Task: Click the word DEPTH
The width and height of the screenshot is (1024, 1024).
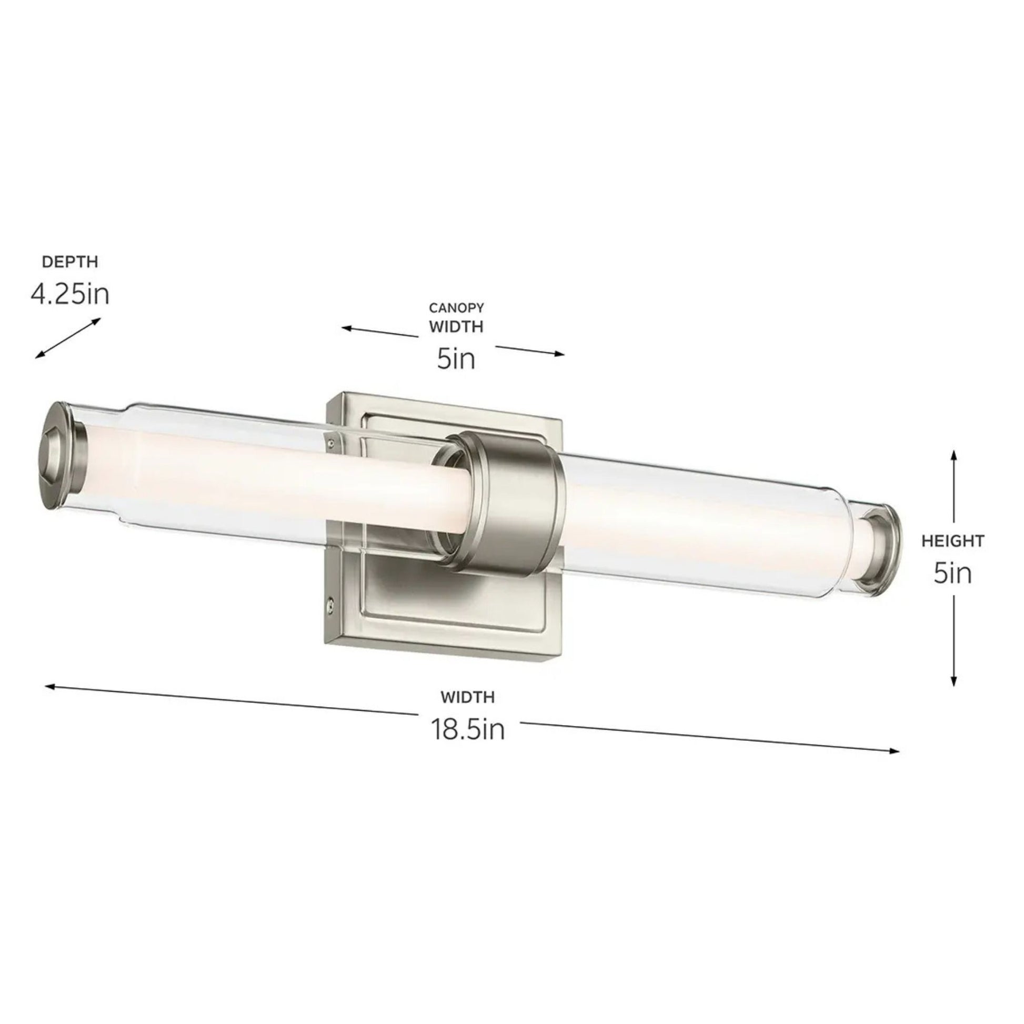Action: point(70,262)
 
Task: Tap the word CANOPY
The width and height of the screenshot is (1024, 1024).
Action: point(456,308)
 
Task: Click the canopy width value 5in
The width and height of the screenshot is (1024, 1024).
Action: point(456,359)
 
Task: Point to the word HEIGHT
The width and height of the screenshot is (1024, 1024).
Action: point(953,541)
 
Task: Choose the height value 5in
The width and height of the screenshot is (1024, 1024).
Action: point(953,574)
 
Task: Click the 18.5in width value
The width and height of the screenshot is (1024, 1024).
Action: point(467,729)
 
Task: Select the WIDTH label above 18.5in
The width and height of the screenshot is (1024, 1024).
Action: point(467,698)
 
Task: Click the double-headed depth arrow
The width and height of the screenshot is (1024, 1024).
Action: point(68,338)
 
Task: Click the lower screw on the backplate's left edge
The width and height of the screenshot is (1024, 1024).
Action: point(331,603)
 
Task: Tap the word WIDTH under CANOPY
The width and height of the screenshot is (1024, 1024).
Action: point(456,327)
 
